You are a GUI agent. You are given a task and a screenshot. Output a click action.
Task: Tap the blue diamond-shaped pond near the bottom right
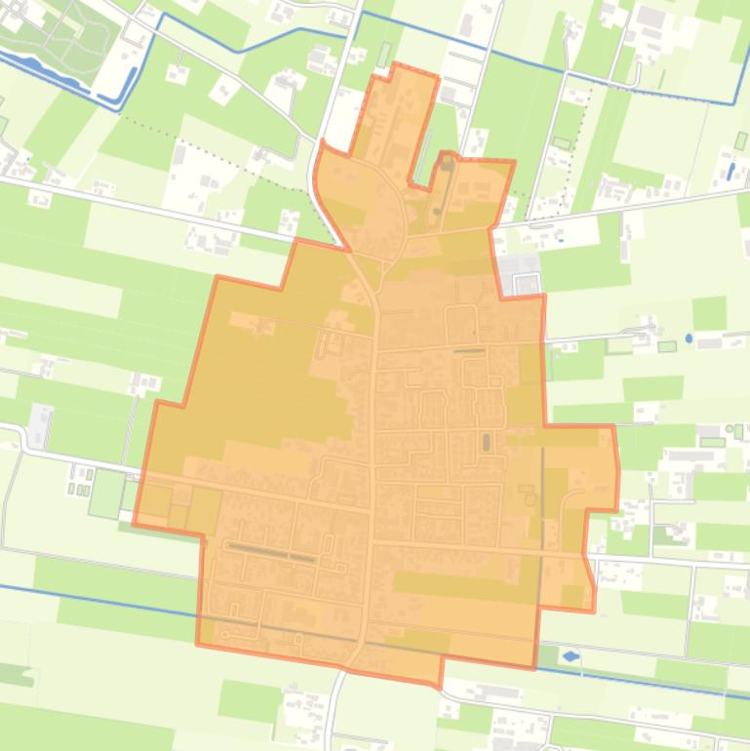[x=571, y=656]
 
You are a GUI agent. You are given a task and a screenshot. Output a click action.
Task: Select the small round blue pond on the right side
[x=690, y=338]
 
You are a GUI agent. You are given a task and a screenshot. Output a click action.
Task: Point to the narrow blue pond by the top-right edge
[x=731, y=170]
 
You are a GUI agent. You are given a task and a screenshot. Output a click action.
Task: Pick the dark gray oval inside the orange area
[x=485, y=443]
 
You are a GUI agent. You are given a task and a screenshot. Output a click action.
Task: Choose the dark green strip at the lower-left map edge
[x=15, y=674]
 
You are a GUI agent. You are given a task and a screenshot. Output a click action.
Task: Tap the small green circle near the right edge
[x=730, y=430]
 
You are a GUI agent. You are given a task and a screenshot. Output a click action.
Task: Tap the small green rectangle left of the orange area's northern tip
[x=383, y=55]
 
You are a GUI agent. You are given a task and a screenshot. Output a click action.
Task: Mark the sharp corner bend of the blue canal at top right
[x=734, y=101]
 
